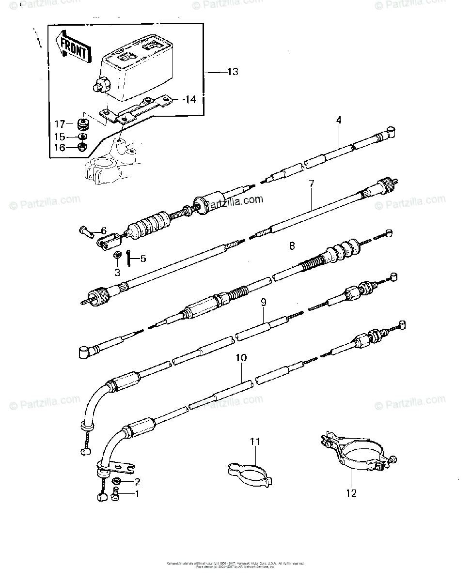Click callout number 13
233,72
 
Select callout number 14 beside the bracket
190,100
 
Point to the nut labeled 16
83,147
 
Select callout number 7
311,183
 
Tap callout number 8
292,246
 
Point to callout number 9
263,303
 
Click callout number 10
241,358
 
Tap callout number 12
351,493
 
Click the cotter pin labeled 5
129,259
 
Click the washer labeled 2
116,482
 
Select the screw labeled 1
116,495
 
